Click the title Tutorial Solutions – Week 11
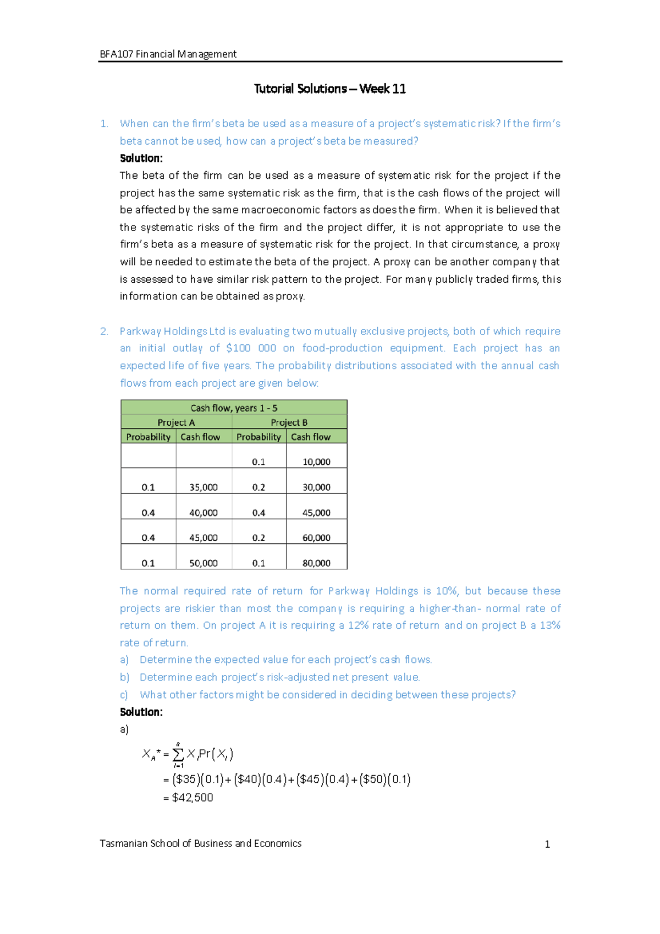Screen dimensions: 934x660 click(329, 89)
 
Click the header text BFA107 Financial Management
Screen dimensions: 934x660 click(168, 54)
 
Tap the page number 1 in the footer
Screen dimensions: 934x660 click(547, 844)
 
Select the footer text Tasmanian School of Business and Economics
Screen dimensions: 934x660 click(200, 843)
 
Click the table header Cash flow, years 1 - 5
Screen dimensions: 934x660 click(234, 408)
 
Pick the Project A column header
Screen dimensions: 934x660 click(176, 422)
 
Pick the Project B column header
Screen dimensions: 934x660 click(289, 422)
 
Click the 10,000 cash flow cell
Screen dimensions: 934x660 click(316, 461)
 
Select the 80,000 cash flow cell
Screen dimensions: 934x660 click(316, 563)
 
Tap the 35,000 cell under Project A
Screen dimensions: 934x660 click(204, 487)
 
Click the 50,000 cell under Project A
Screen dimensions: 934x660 click(204, 563)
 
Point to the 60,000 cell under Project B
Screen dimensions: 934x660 click(316, 537)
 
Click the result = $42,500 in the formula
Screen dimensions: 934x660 click(189, 798)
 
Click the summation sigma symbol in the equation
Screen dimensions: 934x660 click(178, 754)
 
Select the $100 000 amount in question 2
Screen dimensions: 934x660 click(251, 348)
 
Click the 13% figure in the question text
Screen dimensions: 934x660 click(550, 625)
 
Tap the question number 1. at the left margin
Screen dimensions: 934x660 click(104, 124)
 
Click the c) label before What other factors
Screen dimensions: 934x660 click(124, 695)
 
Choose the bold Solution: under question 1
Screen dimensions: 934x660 click(141, 158)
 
